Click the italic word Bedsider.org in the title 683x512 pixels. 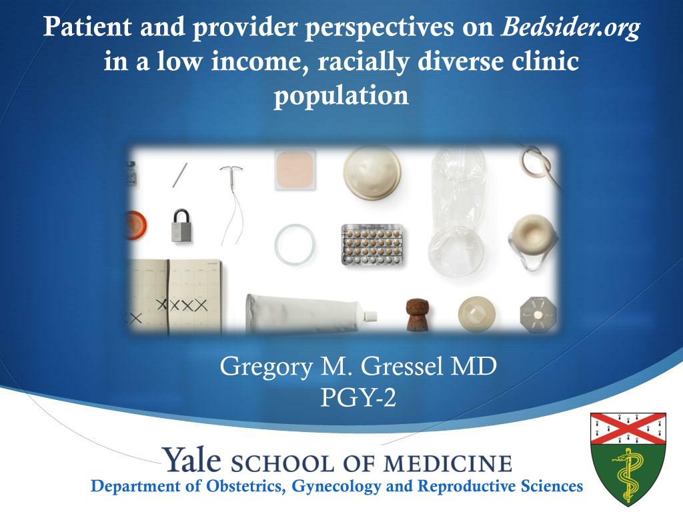pos(570,28)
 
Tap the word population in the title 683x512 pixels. pos(341,95)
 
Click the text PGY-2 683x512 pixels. pos(358,397)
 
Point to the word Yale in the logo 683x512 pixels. pos(192,460)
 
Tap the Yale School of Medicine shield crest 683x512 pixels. pos(628,459)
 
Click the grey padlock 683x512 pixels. pos(181,225)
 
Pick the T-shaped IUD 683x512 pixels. pos(231,205)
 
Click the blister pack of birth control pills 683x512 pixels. pos(372,244)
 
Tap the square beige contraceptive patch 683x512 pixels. pos(295,170)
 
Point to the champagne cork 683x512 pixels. pos(418,314)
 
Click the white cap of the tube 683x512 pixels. pos(370,315)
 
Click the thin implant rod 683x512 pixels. pos(180,175)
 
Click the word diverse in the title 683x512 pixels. pos(460,61)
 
